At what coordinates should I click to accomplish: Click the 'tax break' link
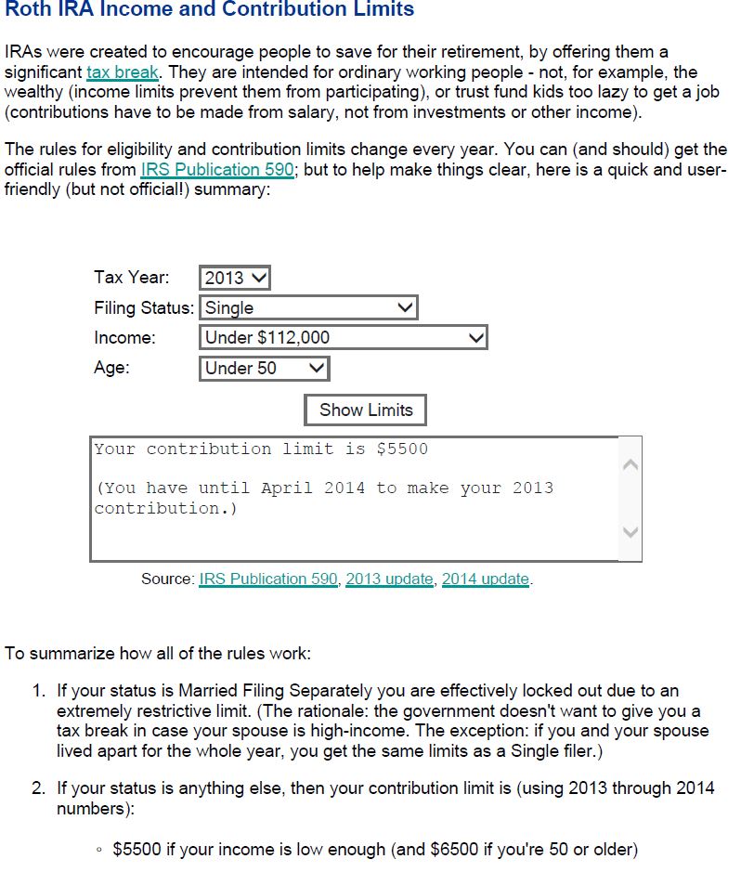[x=123, y=72]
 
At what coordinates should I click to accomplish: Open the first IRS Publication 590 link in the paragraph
[x=217, y=170]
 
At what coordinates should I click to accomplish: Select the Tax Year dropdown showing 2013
[x=234, y=278]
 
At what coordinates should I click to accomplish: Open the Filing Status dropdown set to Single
[x=308, y=307]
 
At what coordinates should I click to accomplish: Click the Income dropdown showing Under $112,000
[x=343, y=338]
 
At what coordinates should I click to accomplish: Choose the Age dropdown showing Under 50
[x=264, y=369]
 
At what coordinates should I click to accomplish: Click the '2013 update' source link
[x=389, y=579]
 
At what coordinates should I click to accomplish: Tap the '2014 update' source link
[x=485, y=579]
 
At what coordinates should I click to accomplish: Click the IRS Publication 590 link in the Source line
[x=268, y=579]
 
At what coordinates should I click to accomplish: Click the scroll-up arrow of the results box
[x=630, y=464]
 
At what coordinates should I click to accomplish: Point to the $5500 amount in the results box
[x=402, y=449]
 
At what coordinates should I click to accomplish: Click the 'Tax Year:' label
[x=132, y=278]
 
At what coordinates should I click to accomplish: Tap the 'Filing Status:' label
[x=144, y=307]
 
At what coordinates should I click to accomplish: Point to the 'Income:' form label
[x=125, y=338]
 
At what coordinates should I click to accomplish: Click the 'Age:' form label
[x=111, y=368]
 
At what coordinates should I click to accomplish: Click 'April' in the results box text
[x=286, y=488]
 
